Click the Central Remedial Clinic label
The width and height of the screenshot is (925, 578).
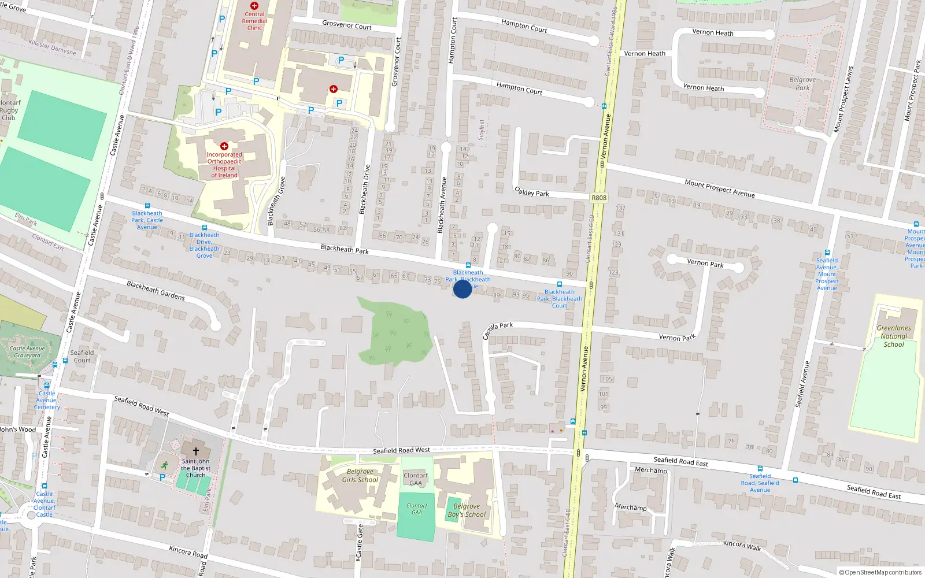point(254,21)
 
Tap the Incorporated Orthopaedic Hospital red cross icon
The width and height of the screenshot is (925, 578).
point(224,146)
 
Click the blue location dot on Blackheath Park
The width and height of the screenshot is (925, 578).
point(462,288)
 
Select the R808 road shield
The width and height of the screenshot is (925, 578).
point(599,198)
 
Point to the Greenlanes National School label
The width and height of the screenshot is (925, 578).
point(893,336)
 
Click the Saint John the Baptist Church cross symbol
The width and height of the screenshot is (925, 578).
point(196,451)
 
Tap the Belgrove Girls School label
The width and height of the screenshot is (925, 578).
point(360,476)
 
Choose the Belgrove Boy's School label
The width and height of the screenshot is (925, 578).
point(467,510)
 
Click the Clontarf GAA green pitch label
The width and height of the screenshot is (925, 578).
point(417,509)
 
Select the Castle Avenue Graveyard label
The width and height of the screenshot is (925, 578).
point(27,352)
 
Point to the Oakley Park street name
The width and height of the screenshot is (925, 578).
point(532,191)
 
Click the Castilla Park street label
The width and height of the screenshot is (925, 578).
point(498,331)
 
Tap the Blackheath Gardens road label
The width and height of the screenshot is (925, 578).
point(156,290)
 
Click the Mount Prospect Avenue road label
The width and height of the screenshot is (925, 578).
point(720,188)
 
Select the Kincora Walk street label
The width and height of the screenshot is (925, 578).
point(742,546)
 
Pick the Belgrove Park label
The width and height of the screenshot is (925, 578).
point(802,84)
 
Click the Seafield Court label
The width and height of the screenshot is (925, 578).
point(82,356)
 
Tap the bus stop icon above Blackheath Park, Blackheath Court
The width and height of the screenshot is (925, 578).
point(559,284)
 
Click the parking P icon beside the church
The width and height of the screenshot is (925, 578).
point(162,477)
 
